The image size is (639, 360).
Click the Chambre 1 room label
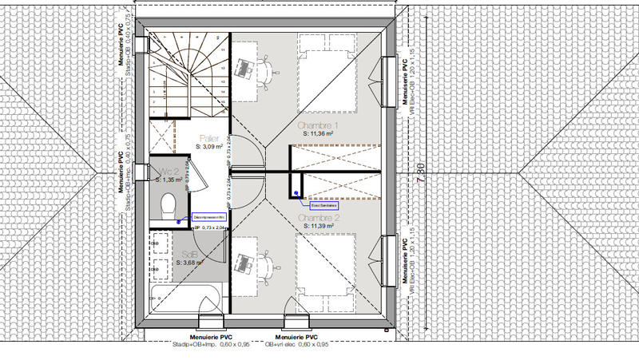coord(319,127)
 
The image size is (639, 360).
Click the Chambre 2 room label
coord(319,217)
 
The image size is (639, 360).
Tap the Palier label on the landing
coord(209,138)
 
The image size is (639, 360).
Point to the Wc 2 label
coord(167,172)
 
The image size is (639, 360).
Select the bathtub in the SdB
coord(186,304)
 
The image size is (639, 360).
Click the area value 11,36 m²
coord(319,136)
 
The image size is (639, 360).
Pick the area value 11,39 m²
coord(319,226)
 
